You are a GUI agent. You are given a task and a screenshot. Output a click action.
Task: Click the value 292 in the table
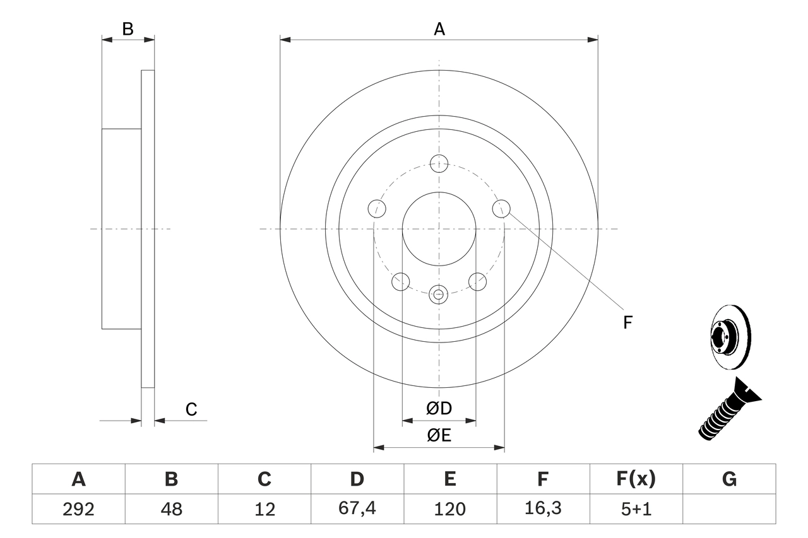pos(78,509)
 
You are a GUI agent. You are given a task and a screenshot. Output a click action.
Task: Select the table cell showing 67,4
pos(357,509)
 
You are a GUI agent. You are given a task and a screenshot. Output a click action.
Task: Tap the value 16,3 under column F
pos(542,509)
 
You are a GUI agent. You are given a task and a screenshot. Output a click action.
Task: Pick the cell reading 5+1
pos(636,509)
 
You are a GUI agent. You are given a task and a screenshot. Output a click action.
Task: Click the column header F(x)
pos(636,479)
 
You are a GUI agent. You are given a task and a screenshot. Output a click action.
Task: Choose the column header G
pos(729,479)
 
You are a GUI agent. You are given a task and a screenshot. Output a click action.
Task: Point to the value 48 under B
pos(171,509)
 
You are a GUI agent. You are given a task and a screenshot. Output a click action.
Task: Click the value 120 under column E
pos(449,509)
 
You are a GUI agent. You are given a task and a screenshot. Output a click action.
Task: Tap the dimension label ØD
pos(439,408)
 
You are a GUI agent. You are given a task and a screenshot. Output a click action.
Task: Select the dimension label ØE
pos(439,436)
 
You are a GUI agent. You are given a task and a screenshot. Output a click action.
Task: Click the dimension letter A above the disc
pos(439,29)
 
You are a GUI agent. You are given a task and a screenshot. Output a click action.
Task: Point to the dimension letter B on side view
pos(128,29)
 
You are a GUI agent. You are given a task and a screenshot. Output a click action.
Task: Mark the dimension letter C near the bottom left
pos(191,409)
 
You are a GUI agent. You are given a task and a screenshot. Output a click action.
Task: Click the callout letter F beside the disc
pos(627,323)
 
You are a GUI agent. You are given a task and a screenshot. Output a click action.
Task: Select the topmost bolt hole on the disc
pos(439,163)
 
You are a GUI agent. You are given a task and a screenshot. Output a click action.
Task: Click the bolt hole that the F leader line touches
pos(501,208)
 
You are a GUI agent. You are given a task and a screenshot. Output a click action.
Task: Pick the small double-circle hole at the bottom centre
pos(439,293)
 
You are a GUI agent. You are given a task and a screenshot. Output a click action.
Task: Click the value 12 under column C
pos(264,509)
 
